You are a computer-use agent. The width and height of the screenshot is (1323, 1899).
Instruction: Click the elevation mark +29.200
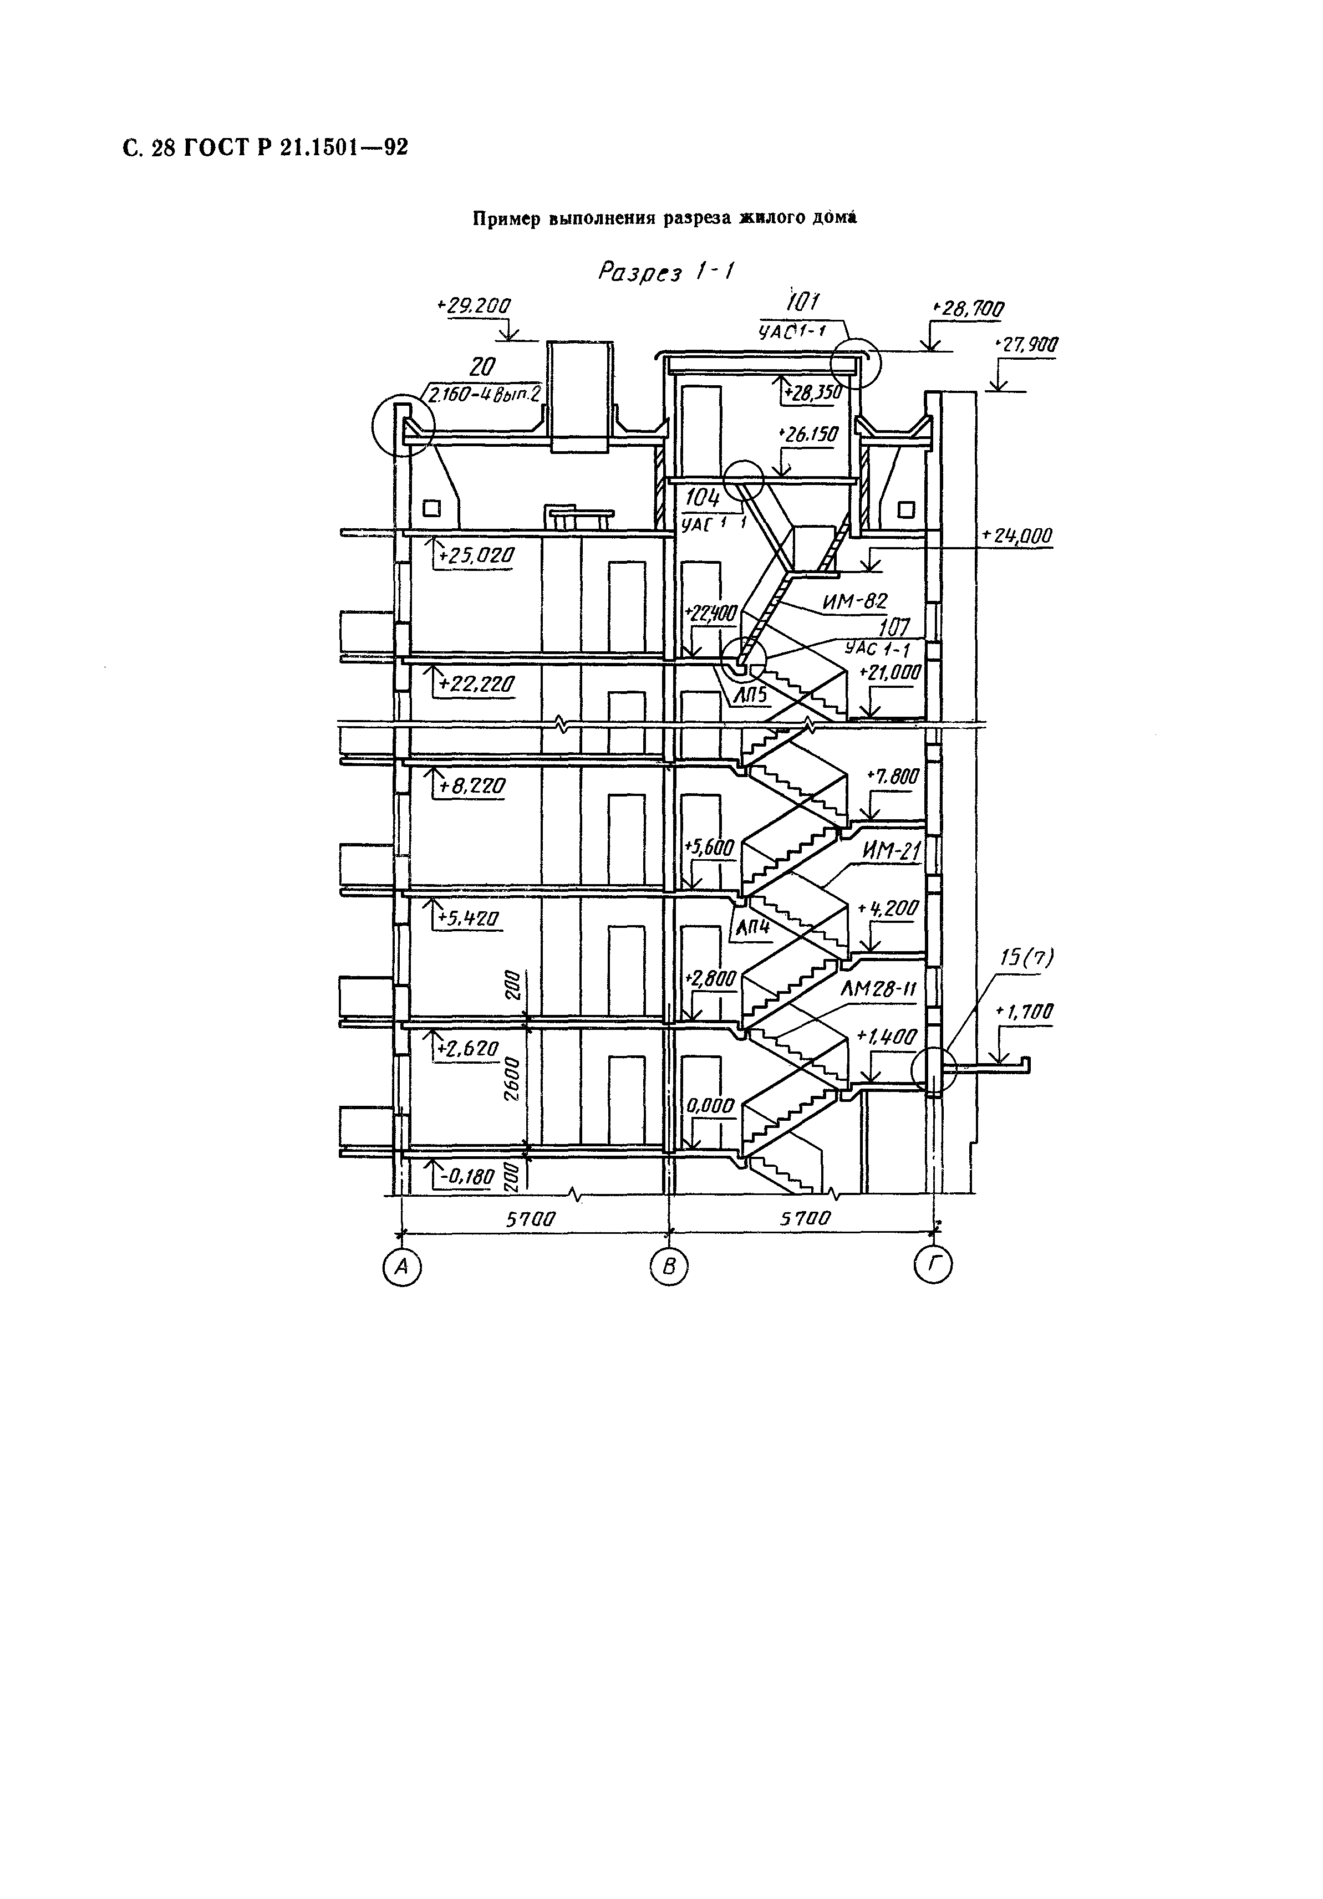coord(474,305)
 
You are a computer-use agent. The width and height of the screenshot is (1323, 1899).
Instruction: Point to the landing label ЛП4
coord(752,928)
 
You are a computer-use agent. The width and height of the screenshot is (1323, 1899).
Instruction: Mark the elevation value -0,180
coord(467,1175)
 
